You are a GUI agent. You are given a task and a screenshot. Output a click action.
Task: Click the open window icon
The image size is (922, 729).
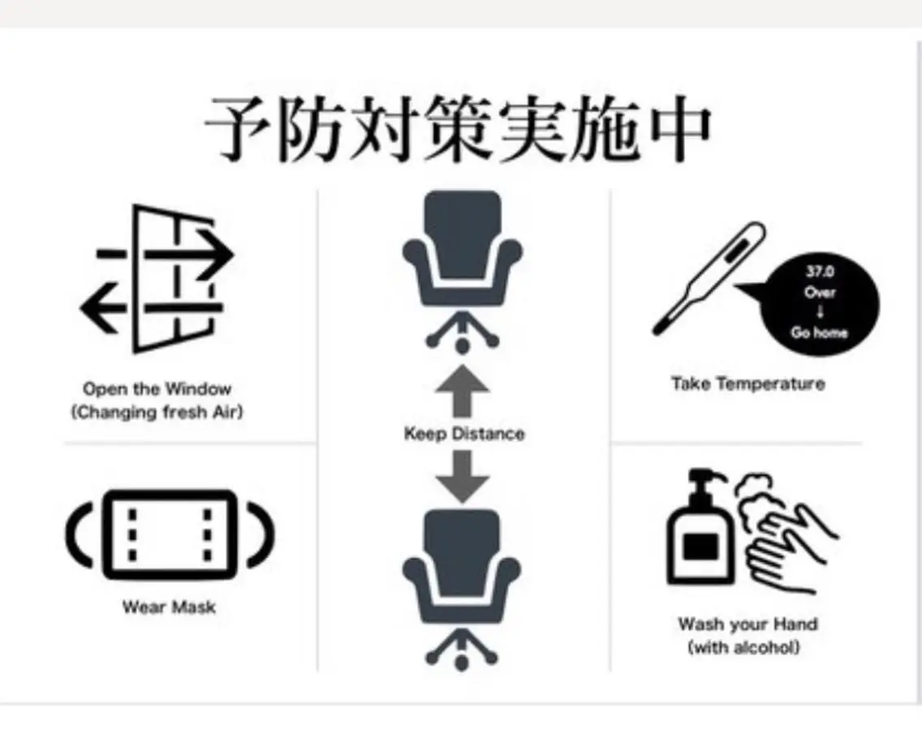coord(157,278)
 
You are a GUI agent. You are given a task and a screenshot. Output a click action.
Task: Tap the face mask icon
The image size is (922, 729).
coord(170,534)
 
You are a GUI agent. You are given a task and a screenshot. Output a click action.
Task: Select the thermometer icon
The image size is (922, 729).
coord(709,278)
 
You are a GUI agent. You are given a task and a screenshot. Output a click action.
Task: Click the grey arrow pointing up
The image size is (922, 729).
coord(462,391)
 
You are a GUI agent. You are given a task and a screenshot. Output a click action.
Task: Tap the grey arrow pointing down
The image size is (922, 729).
coord(462,477)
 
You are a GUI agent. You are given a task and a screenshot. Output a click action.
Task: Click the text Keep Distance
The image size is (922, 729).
coord(464,434)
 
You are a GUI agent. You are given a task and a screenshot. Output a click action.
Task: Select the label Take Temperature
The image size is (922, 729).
coord(748,384)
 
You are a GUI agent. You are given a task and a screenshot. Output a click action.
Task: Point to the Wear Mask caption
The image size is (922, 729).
coord(169,607)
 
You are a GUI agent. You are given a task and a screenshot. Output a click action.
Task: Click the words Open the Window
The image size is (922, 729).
coord(157,388)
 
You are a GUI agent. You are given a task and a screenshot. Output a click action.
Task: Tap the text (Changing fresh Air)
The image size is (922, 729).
coord(157,412)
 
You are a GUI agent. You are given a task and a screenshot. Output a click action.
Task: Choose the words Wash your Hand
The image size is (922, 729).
coord(748,624)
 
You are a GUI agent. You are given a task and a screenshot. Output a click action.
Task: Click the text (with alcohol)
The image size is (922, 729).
coord(743,647)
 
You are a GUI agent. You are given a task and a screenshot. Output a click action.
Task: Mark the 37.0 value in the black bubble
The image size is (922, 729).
coord(820,272)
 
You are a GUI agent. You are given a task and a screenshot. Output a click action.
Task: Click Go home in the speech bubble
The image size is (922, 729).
coord(819,332)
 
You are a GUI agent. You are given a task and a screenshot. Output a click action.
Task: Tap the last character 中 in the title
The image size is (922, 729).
coord(681,128)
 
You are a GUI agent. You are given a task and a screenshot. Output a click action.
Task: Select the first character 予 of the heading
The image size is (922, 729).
coord(236,128)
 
